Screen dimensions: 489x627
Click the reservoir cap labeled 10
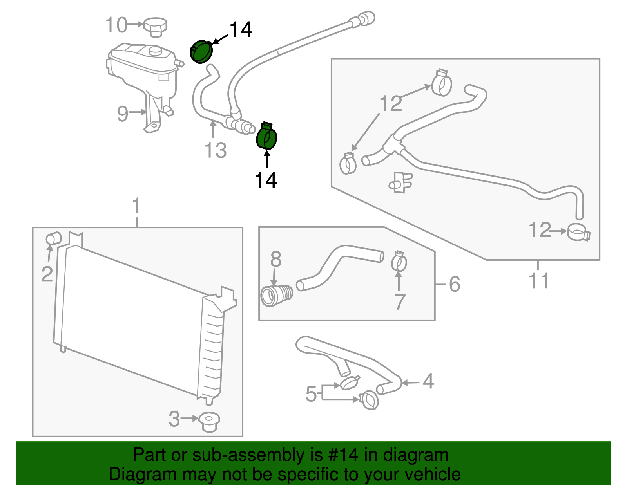tap(156, 26)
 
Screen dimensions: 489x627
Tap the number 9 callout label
tap(123, 114)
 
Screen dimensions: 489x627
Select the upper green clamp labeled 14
tap(201, 52)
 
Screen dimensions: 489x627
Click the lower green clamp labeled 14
tap(266, 137)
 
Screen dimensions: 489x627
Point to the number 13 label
tap(216, 150)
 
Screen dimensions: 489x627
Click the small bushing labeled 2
tap(54, 238)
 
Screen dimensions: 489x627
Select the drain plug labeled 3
tap(209, 422)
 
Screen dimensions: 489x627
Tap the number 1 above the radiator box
tap(136, 206)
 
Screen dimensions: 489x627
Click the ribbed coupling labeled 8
tap(276, 296)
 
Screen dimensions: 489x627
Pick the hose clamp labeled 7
tap(399, 262)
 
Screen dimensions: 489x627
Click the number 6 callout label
tap(454, 284)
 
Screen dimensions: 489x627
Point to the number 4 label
tap(428, 381)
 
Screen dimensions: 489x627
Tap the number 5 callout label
tap(311, 393)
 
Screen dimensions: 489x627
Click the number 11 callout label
tap(539, 281)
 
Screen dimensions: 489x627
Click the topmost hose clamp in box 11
tap(442, 83)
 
